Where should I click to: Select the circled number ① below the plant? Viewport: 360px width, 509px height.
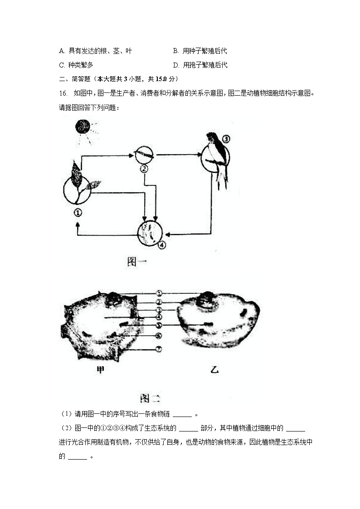78,212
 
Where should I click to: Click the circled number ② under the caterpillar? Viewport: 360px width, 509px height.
144,169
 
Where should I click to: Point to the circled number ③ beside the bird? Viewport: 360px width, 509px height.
227,139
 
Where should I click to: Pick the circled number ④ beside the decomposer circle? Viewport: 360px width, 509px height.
162,244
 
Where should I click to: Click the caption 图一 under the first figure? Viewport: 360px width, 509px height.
137,262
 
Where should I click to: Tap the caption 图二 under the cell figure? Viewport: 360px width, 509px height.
150,398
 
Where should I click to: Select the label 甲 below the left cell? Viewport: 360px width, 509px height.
100,370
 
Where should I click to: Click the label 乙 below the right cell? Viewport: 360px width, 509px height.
214,370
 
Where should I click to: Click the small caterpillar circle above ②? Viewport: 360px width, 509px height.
145,155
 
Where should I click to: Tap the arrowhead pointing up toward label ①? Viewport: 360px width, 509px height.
78,224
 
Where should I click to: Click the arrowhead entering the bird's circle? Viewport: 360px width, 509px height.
199,155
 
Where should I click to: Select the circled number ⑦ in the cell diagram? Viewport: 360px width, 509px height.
159,349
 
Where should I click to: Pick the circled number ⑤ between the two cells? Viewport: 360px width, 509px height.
159,325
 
